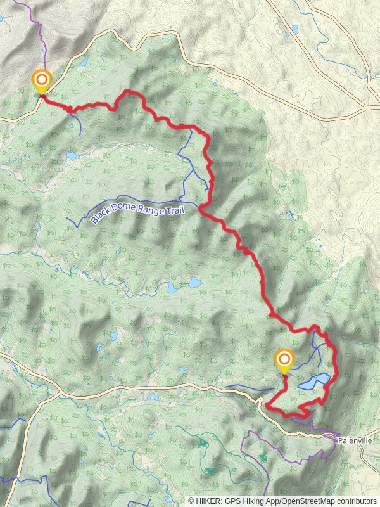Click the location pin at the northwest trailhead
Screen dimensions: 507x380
pyautogui.click(x=42, y=80)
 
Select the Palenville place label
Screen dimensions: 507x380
pyautogui.click(x=354, y=440)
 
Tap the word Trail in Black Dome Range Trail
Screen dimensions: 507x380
pyautogui.click(x=172, y=209)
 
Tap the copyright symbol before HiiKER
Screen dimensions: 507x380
pyautogui.click(x=191, y=501)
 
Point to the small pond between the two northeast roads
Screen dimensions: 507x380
pyautogui.click(x=294, y=29)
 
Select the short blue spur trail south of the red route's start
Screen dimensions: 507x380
pyautogui.click(x=79, y=124)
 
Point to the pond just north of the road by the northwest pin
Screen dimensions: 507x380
pyautogui.click(x=83, y=62)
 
